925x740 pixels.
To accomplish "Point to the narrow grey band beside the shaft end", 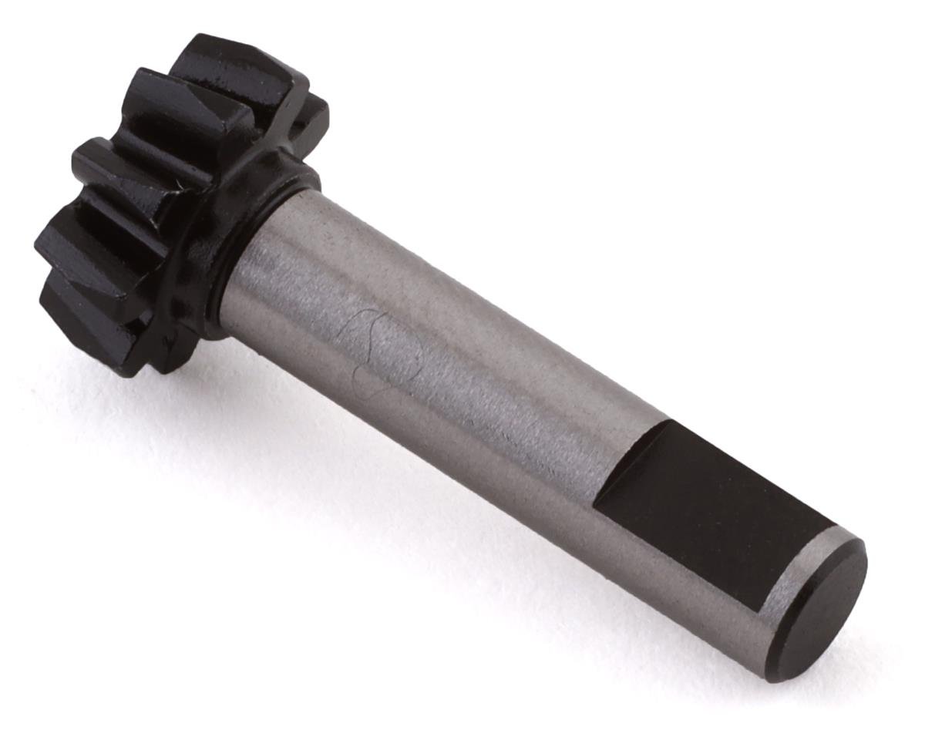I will pos(794,574).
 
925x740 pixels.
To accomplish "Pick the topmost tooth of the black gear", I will pos(231,62).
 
